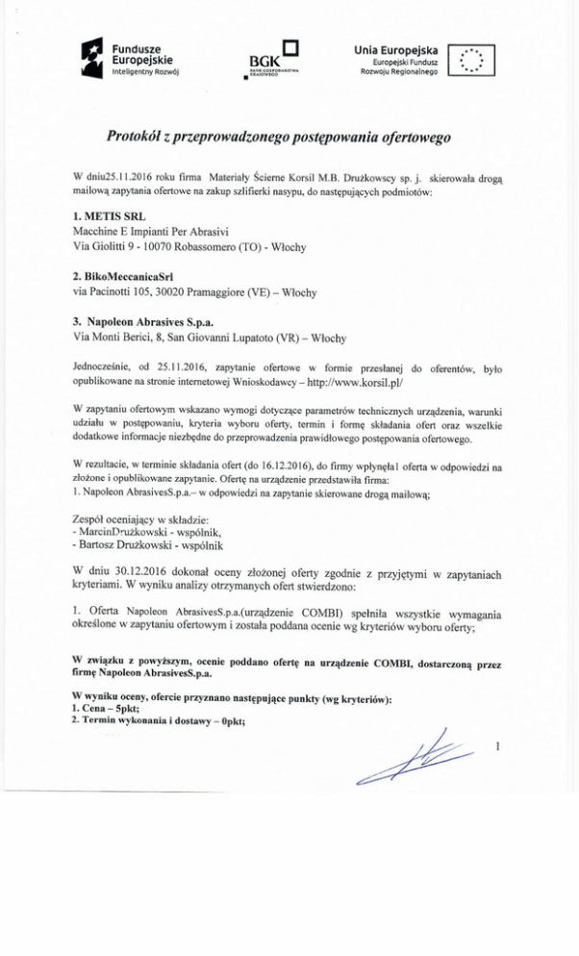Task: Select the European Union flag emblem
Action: (x=471, y=61)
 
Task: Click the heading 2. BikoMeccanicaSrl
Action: (x=122, y=276)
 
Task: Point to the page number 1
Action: (x=497, y=746)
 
